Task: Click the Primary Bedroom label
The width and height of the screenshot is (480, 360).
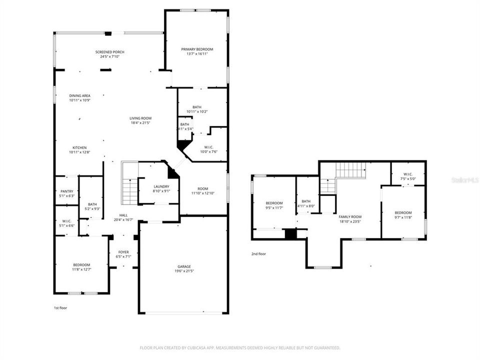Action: point(197,49)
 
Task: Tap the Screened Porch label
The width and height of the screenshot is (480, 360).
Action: point(110,52)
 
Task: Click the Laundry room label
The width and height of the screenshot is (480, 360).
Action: point(161,186)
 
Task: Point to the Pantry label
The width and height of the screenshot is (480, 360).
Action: point(67,191)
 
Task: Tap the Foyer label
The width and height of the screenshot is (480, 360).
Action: point(123,252)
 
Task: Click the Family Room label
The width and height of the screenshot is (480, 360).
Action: point(349,216)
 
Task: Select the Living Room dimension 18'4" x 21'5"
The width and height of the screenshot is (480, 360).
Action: point(140,122)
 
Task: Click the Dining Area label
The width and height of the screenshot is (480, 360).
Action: point(79,95)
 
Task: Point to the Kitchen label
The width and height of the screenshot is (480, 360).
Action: point(79,147)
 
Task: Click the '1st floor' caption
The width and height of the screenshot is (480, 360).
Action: point(60,308)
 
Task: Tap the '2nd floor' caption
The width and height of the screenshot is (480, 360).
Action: point(258,254)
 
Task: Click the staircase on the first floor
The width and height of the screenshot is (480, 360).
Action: point(129,189)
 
